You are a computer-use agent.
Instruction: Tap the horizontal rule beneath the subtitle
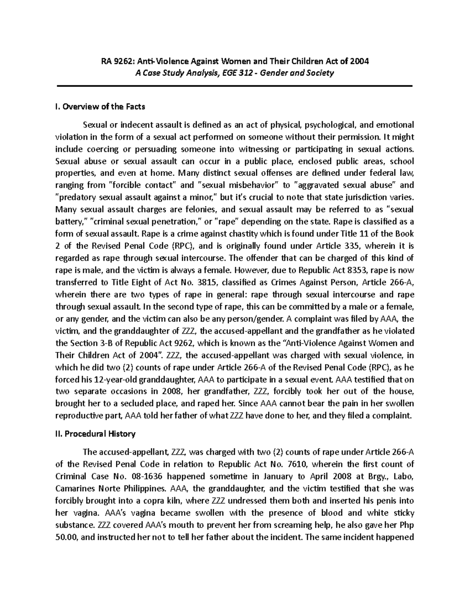(235, 86)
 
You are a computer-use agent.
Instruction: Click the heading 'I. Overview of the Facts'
(100, 106)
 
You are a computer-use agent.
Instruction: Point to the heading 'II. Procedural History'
(96, 434)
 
